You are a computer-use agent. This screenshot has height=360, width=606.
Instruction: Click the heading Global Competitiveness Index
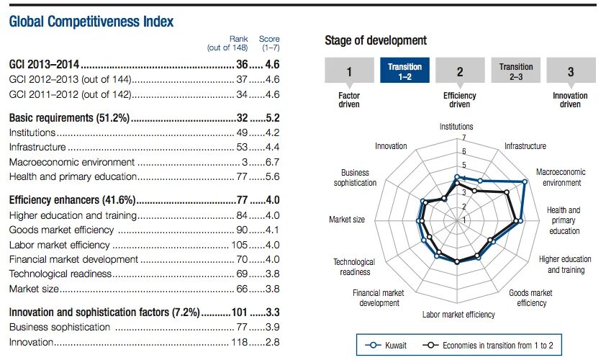point(91,22)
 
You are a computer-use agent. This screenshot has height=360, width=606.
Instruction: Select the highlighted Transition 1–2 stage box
point(404,71)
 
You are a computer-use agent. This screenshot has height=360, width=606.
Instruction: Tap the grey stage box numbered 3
point(570,71)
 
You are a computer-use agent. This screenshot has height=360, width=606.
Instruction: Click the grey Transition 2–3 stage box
point(515,71)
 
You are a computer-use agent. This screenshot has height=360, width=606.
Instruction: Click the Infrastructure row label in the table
point(32,147)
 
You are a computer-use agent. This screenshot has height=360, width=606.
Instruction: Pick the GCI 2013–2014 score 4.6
point(271,64)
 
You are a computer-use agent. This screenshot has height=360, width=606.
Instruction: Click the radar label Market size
point(346,220)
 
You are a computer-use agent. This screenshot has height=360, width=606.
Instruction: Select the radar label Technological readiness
point(353,267)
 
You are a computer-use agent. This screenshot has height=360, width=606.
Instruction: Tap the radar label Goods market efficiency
point(530,298)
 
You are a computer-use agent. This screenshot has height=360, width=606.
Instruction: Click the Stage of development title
point(375,40)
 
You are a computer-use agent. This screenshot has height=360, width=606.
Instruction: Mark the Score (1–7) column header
point(269,43)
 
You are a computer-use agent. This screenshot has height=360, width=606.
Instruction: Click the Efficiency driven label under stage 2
point(459,100)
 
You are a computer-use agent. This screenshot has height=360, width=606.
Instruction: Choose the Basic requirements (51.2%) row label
point(68,117)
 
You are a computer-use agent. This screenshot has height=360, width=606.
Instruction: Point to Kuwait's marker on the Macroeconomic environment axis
point(525,182)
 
